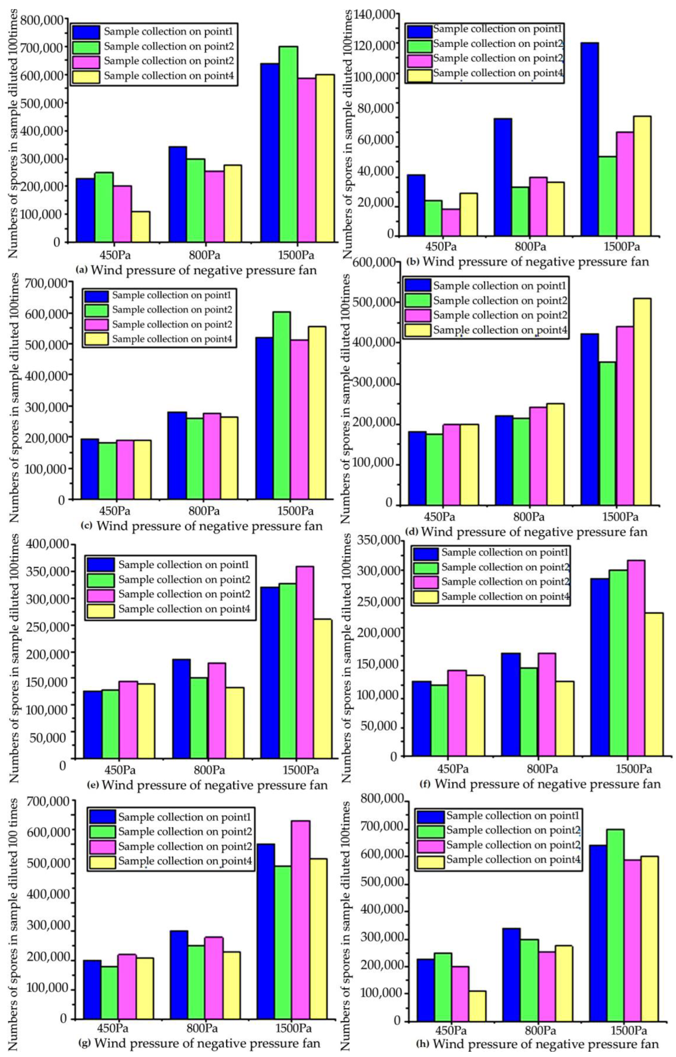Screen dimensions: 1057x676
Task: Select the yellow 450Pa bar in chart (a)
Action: pos(140,226)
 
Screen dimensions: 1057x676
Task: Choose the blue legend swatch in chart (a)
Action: pos(87,32)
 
